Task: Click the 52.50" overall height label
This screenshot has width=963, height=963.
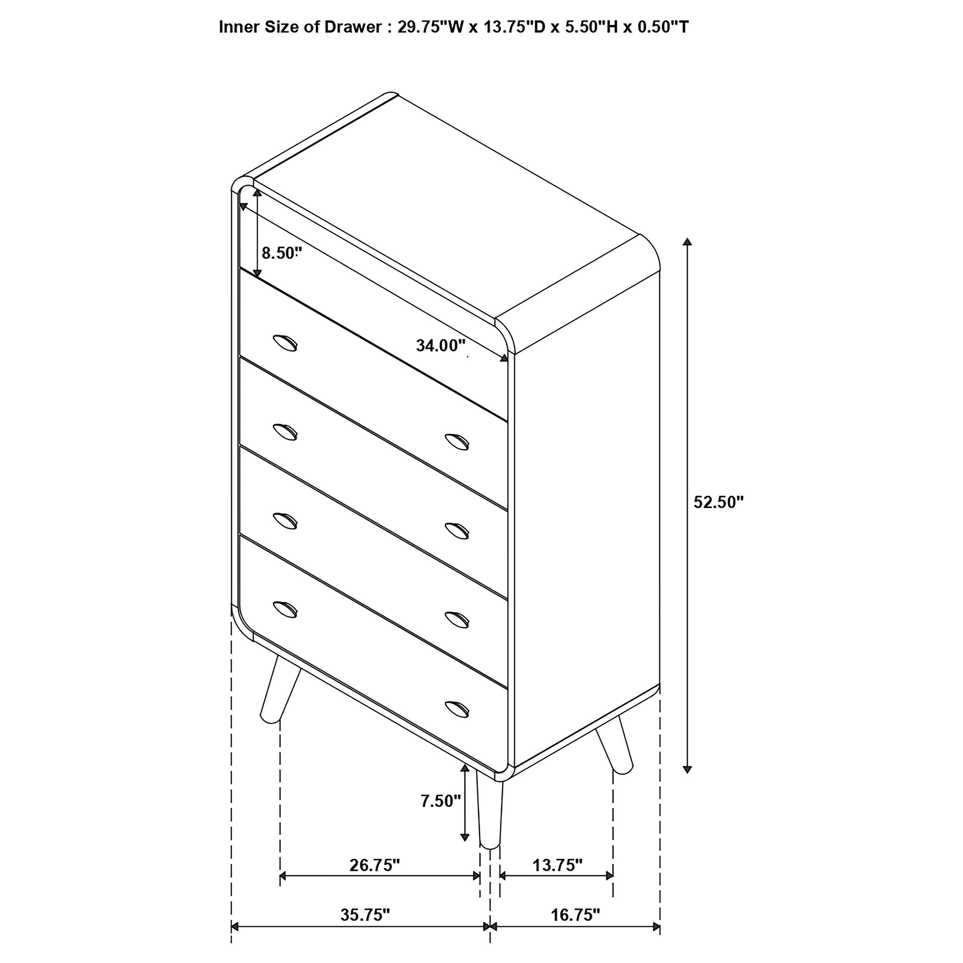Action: click(718, 502)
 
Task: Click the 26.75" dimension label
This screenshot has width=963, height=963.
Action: click(375, 865)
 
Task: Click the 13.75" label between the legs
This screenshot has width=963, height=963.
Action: click(557, 865)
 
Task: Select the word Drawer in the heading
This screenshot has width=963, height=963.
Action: click(353, 27)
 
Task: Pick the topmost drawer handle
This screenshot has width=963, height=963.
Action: click(285, 343)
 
